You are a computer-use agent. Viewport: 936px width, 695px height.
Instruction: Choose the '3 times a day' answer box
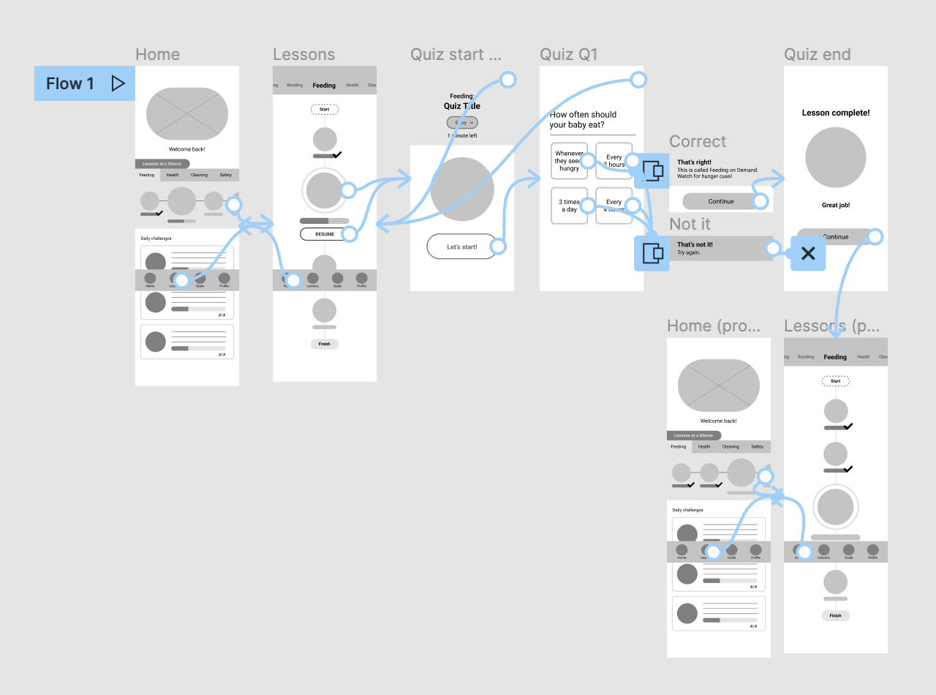click(569, 206)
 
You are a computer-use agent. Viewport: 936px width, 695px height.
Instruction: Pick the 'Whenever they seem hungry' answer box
click(569, 161)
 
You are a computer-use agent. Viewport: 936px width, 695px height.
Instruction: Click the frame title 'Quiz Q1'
click(568, 55)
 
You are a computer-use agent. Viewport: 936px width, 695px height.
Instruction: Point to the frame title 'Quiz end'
click(817, 55)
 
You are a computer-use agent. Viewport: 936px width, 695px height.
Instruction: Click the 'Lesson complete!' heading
click(835, 113)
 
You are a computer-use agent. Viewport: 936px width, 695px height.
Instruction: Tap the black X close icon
click(808, 254)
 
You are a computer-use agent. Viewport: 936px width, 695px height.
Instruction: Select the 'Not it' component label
click(690, 224)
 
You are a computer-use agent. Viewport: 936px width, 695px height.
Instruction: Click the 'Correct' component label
click(698, 142)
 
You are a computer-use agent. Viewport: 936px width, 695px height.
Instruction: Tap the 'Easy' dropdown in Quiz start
click(462, 123)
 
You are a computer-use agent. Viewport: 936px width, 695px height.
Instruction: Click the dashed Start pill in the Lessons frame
click(324, 109)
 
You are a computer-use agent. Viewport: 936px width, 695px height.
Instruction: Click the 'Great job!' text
click(835, 206)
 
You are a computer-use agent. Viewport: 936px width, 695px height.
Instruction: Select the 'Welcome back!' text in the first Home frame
click(186, 149)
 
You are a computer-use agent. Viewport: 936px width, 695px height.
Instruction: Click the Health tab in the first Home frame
click(173, 175)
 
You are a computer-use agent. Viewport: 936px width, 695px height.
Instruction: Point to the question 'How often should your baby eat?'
click(583, 119)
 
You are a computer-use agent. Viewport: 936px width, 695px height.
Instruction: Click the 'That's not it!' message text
click(695, 244)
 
